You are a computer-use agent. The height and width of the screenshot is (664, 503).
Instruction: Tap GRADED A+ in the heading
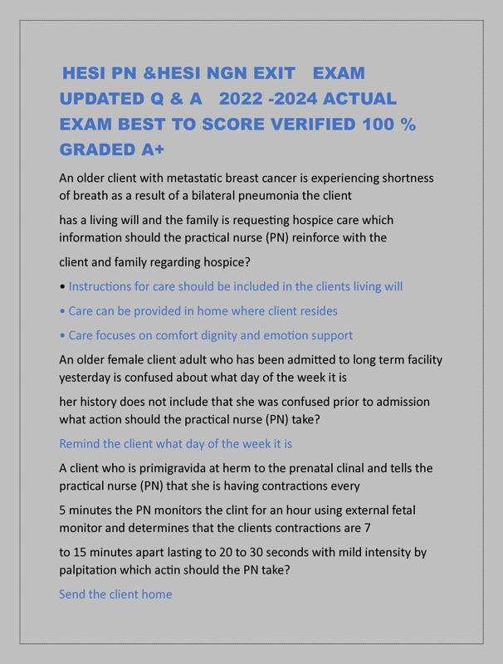(112, 150)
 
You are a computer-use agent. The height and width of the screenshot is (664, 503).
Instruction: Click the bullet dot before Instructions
(62, 287)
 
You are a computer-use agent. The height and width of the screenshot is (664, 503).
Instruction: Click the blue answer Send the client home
(115, 594)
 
